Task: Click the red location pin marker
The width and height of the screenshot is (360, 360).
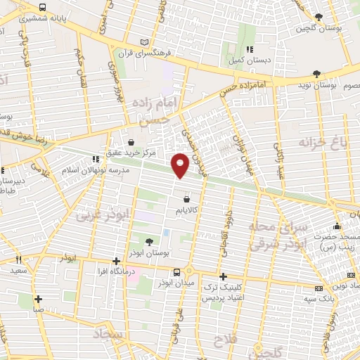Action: pyautogui.click(x=180, y=165)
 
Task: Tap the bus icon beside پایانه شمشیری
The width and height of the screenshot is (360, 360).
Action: pyautogui.click(x=43, y=7)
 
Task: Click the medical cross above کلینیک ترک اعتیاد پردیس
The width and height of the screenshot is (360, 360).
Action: pyautogui.click(x=223, y=276)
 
